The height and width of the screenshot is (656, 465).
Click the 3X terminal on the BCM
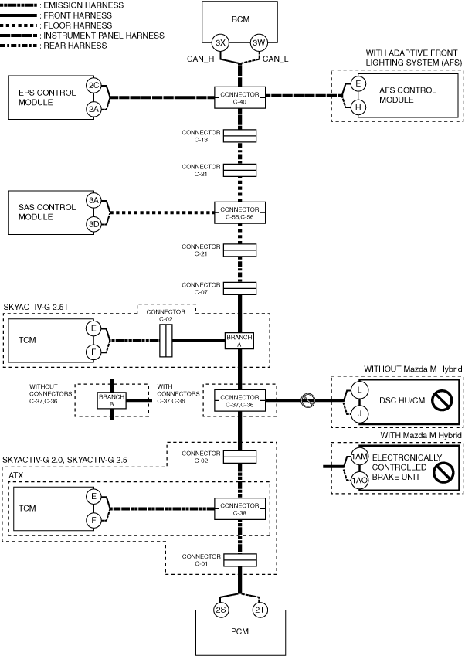[221, 42]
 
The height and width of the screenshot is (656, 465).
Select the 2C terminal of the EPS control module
[94, 85]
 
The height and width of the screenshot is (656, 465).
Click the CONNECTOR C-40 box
[239, 97]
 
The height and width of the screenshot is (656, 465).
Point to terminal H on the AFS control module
[358, 107]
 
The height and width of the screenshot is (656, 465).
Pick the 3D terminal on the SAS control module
[94, 224]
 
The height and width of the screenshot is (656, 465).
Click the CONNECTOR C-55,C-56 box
[239, 212]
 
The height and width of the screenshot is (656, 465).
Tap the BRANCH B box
[112, 399]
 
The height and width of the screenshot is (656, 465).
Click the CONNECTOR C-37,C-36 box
[239, 399]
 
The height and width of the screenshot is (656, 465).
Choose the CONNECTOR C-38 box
[239, 508]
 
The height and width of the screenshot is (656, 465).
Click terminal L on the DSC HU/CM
[358, 391]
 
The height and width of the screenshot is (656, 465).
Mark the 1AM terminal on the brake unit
[358, 457]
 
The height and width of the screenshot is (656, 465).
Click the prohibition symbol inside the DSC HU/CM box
[441, 401]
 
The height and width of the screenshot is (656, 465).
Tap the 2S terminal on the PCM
[221, 610]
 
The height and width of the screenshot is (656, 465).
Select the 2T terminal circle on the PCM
[260, 610]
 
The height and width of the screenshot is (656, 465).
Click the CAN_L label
[277, 59]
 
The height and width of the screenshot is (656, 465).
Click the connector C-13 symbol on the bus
[239, 137]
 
